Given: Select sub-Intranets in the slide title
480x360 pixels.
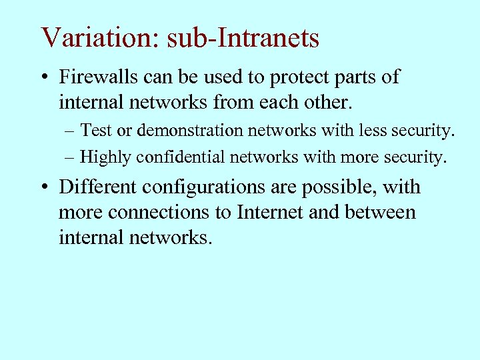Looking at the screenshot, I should [243, 38].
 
